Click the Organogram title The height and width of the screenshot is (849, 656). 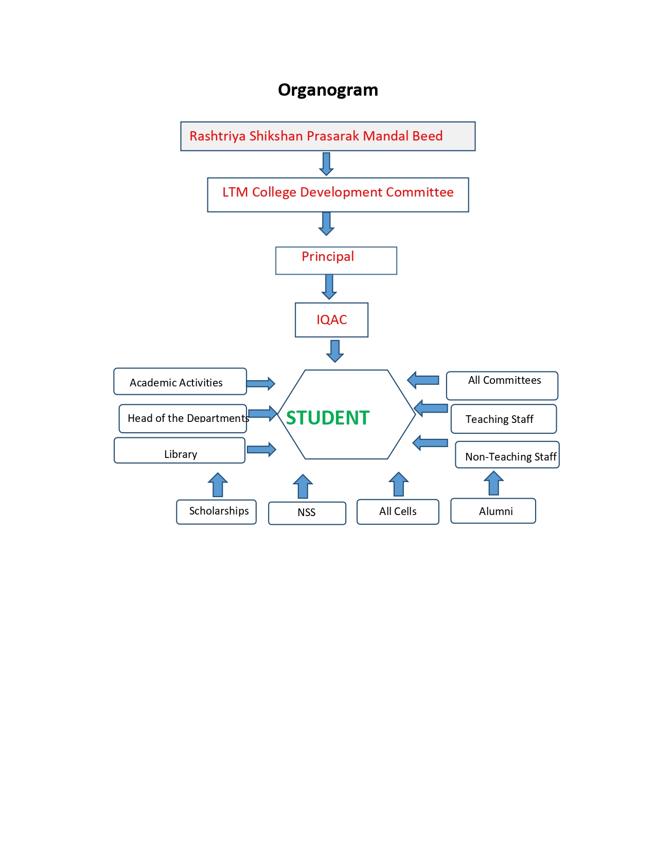[328, 90]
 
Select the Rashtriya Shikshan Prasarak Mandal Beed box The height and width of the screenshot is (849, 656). [328, 136]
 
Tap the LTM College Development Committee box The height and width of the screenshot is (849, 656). [338, 194]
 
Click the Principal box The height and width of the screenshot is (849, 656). [336, 260]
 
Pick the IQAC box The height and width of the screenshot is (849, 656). [331, 320]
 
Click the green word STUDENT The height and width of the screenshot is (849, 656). [328, 417]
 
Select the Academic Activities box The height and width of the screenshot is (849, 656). [180, 382]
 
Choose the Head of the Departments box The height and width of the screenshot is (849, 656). [183, 418]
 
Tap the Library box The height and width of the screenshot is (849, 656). [179, 451]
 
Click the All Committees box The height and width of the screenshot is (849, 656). [502, 385]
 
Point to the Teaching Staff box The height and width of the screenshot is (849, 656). [503, 419]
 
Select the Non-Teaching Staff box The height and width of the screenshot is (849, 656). [507, 455]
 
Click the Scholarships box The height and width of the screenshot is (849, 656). [216, 512]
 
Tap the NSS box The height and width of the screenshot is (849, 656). [307, 513]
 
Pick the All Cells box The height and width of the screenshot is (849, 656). [398, 511]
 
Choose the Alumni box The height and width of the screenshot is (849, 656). [493, 511]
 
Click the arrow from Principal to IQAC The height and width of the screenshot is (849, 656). [329, 287]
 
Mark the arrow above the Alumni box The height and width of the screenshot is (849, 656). [493, 483]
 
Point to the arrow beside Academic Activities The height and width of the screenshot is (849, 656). [260, 383]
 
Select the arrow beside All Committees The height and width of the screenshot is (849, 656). [423, 380]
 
